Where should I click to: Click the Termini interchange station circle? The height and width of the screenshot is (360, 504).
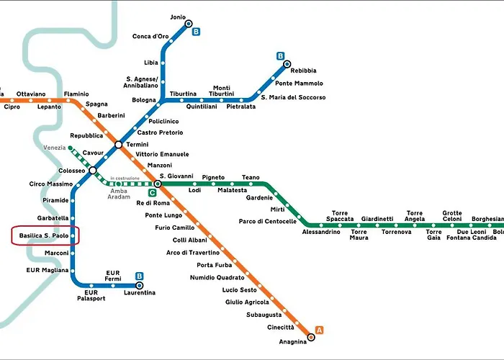coord(119,145)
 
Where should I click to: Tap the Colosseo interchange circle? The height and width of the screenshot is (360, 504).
coord(93,170)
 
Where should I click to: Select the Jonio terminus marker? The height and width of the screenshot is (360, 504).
coord(189,24)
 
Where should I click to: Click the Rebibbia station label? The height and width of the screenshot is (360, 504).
coord(303,71)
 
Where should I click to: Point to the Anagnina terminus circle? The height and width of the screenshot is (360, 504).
coord(311,337)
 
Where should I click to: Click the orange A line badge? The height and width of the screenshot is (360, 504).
coord(319,330)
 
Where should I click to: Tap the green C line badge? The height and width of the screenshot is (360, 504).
coord(152,193)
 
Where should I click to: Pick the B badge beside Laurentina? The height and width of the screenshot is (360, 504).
coord(139,276)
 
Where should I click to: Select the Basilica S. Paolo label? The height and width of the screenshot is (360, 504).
coord(44,235)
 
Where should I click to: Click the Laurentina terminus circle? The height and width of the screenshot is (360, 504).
coord(139,285)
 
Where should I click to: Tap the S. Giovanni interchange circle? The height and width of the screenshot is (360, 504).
coord(158,184)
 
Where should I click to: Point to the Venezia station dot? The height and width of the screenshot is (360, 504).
coord(71,148)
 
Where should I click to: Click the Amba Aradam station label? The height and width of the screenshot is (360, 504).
coord(119,194)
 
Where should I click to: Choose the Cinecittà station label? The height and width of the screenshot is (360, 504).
coord(281,327)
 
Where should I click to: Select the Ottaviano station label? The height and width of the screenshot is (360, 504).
coord(31,94)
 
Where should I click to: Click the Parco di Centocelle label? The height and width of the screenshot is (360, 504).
coord(267,221)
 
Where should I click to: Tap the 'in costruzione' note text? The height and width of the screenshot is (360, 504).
coord(125,178)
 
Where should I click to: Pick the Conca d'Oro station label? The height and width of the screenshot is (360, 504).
coord(150,36)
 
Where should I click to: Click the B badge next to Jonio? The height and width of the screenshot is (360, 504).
coord(196,32)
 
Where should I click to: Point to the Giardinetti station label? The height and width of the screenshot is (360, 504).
coord(377,219)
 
